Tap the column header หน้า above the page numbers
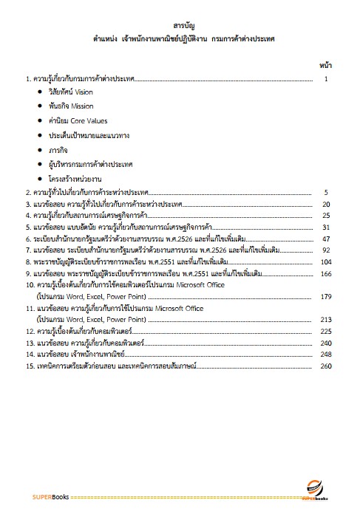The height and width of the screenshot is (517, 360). (325, 66)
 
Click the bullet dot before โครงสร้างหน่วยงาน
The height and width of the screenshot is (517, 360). (39, 179)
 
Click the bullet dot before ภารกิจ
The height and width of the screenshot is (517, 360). (39, 151)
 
